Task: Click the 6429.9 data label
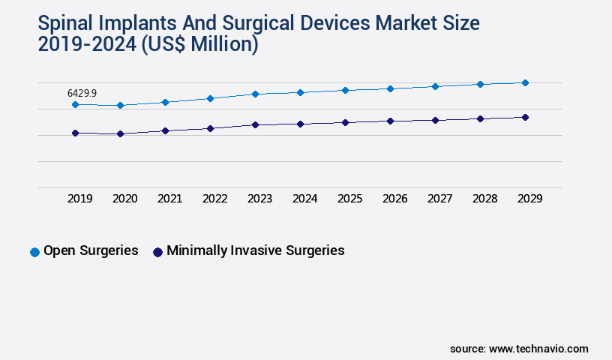pyautogui.click(x=82, y=93)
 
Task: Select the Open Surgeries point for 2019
pyautogui.click(x=75, y=104)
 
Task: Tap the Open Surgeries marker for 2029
pyautogui.click(x=525, y=82)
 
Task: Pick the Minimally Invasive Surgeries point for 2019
pyautogui.click(x=75, y=133)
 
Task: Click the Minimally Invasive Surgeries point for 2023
pyautogui.click(x=255, y=124)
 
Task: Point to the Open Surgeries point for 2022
pyautogui.click(x=210, y=98)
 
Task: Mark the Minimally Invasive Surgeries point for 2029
pyautogui.click(x=525, y=117)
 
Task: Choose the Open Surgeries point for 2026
pyautogui.click(x=390, y=88)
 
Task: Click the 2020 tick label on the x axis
pyautogui.click(x=124, y=199)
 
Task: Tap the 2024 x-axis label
pyautogui.click(x=304, y=199)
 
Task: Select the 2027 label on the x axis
pyautogui.click(x=439, y=199)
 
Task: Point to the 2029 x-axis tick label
pyautogui.click(x=529, y=199)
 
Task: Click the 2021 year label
pyautogui.click(x=169, y=199)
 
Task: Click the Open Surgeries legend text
pyautogui.click(x=91, y=250)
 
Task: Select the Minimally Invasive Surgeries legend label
pyautogui.click(x=255, y=250)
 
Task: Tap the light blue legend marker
pyautogui.click(x=34, y=252)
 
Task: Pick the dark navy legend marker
pyautogui.click(x=157, y=252)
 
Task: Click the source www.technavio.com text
pyautogui.click(x=519, y=349)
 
